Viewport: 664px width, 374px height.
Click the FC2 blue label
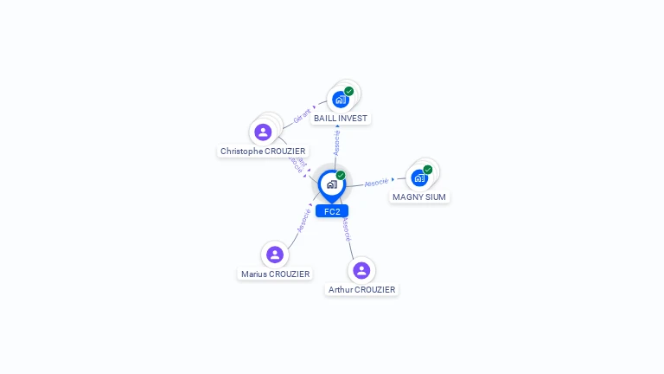click(332, 211)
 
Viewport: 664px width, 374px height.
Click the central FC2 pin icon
click(332, 184)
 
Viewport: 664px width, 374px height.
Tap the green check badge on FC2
click(341, 176)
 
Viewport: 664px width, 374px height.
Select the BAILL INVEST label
click(341, 118)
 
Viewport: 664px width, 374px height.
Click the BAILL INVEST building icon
click(341, 100)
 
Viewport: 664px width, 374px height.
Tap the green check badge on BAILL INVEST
click(349, 91)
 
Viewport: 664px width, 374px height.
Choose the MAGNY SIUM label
click(419, 197)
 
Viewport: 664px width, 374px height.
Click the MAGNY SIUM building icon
click(419, 178)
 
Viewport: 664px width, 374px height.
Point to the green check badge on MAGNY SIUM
click(428, 170)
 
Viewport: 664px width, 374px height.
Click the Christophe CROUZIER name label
click(263, 151)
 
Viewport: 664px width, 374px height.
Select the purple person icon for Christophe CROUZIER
click(263, 132)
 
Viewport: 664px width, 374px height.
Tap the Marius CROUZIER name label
click(275, 274)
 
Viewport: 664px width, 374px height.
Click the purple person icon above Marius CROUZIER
click(275, 255)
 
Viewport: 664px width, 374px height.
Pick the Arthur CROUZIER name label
click(361, 289)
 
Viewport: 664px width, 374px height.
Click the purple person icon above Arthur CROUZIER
click(361, 270)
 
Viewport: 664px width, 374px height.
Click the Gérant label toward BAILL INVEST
click(302, 116)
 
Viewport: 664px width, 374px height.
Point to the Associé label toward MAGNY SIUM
click(376, 183)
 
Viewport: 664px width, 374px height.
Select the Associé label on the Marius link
click(303, 219)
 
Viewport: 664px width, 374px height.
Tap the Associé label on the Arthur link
click(345, 229)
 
